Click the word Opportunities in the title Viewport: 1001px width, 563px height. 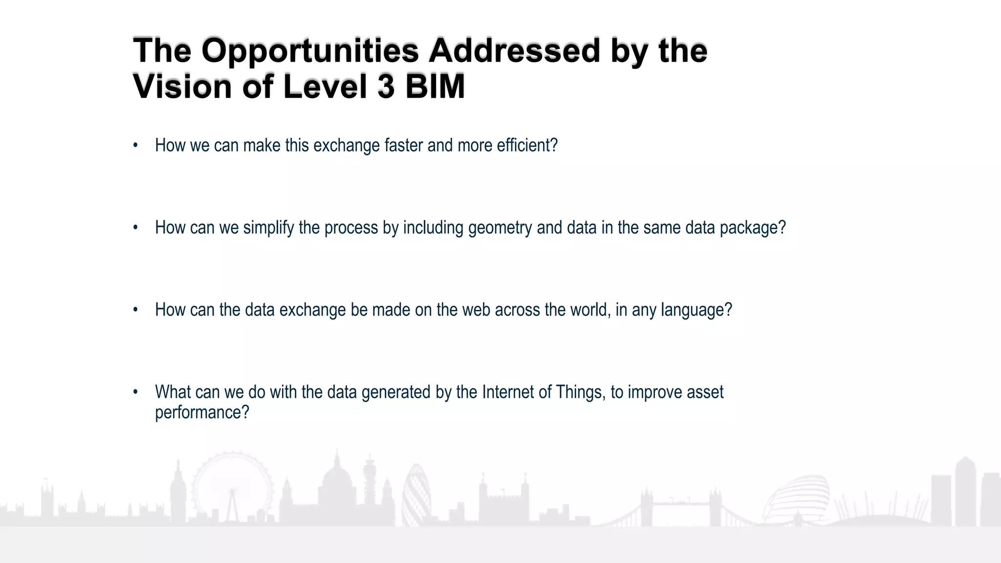click(x=310, y=51)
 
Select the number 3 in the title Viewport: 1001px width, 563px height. click(x=386, y=87)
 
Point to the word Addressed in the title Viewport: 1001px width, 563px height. click(x=514, y=51)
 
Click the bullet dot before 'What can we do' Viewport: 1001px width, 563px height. click(x=135, y=392)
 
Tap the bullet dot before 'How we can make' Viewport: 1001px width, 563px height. click(x=135, y=146)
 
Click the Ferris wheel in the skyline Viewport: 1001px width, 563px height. click(x=232, y=489)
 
